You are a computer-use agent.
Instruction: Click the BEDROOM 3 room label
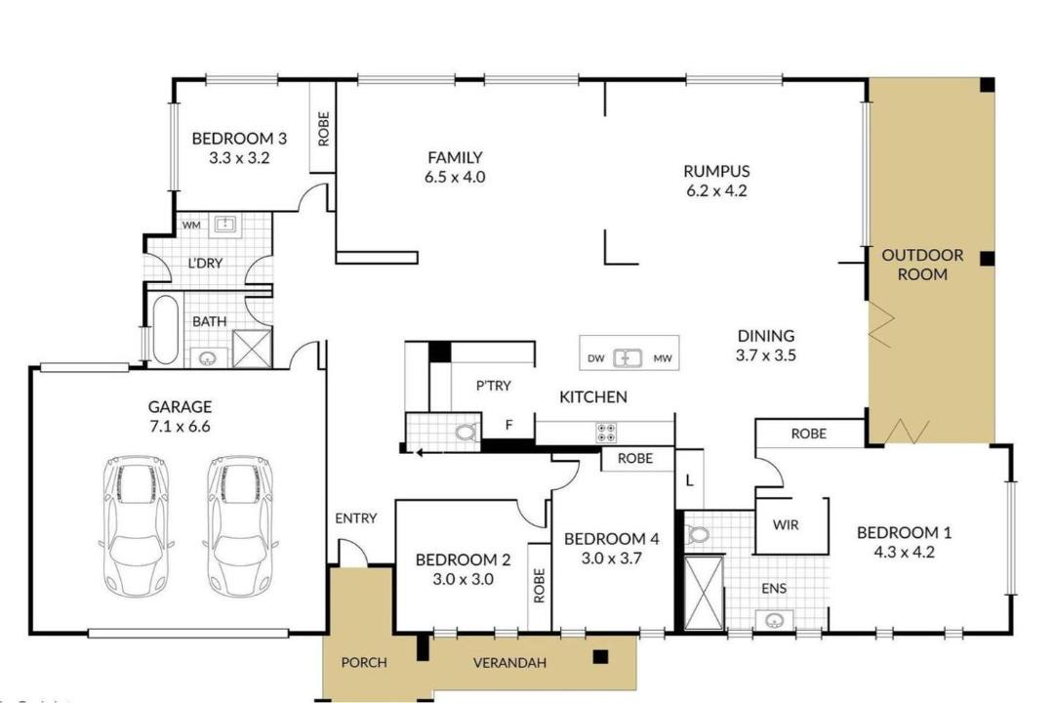(239, 139)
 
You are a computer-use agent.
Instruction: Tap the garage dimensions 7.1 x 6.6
(180, 427)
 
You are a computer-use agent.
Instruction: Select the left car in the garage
(137, 526)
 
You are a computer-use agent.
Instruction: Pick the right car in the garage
(240, 526)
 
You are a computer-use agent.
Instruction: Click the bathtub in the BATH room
(165, 328)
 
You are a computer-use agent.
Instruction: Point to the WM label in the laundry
(191, 226)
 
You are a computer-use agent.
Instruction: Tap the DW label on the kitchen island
(596, 358)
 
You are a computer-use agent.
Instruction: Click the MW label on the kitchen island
(663, 358)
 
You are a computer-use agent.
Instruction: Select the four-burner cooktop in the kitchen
(607, 433)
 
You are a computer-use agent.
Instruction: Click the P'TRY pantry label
(494, 386)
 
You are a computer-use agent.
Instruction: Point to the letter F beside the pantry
(508, 425)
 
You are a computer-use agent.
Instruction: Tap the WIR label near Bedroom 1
(786, 524)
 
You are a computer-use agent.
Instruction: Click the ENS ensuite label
(774, 589)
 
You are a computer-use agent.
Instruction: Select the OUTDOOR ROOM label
(922, 265)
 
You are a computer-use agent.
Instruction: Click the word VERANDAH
(509, 663)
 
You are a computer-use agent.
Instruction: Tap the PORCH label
(364, 663)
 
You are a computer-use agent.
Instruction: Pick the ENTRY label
(355, 518)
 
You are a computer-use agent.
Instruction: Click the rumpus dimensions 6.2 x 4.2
(716, 190)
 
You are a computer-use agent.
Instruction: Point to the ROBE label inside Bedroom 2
(539, 585)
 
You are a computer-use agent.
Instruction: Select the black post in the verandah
(600, 656)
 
